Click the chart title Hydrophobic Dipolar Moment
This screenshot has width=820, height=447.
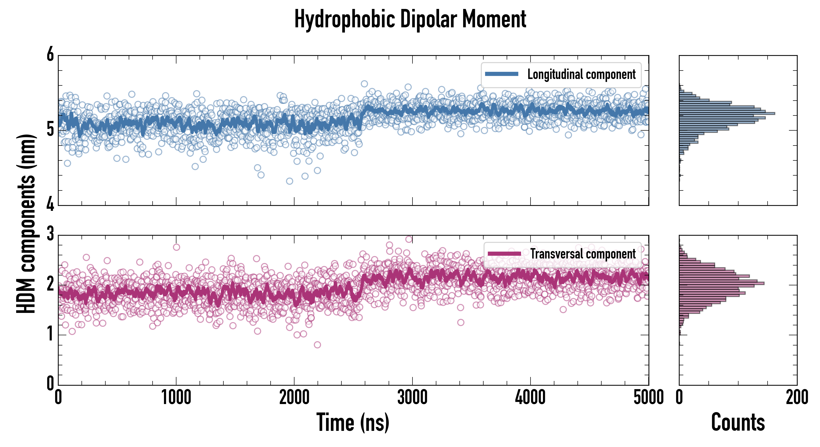point(410,19)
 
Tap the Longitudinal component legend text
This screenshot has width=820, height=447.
point(581,74)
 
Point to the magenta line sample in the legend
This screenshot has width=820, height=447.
point(504,254)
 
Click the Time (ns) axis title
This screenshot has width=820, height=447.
point(353,422)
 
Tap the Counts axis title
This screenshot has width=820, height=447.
point(738,422)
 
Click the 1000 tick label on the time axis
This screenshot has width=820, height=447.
point(176,398)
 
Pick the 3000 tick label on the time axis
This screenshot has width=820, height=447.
point(412,398)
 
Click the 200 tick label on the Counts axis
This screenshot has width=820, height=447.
point(797,398)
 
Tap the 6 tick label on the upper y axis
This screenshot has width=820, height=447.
point(50,55)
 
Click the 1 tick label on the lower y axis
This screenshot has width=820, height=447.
point(50,334)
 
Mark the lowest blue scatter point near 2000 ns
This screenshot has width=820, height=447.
point(289,181)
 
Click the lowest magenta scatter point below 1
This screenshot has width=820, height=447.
point(317,344)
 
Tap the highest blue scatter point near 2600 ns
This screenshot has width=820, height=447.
point(364,84)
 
